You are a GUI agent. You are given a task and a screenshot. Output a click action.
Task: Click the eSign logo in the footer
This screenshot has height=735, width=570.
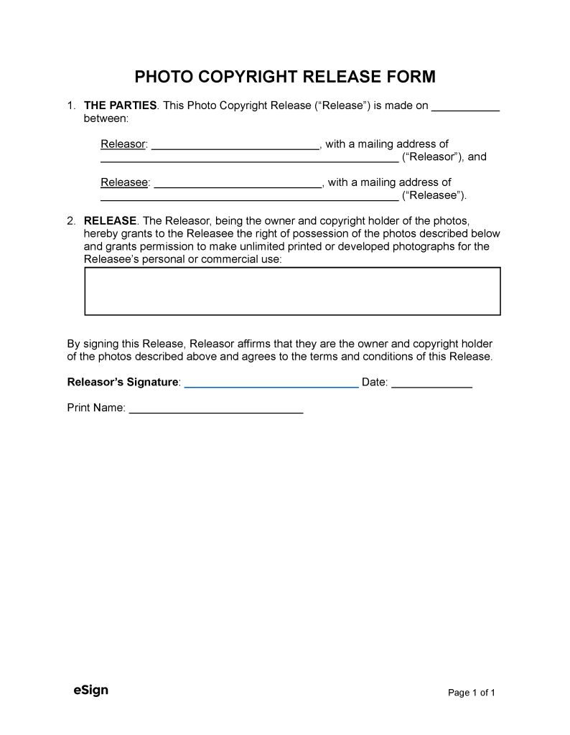(90, 690)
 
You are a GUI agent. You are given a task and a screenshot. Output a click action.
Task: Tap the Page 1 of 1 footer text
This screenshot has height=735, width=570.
(472, 693)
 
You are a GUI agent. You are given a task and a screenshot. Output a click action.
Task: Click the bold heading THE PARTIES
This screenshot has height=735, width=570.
(121, 106)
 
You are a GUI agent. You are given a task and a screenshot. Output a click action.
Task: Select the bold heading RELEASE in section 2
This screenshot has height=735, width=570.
(110, 221)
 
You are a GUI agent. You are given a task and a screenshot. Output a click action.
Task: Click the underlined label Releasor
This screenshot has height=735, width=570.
(123, 144)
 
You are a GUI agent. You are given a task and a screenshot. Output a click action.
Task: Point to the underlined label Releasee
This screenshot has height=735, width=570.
(124, 182)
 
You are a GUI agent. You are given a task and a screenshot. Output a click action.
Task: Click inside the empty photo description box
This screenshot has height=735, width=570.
(292, 291)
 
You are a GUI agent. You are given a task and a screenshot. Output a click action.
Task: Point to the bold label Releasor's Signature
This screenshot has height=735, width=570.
(123, 383)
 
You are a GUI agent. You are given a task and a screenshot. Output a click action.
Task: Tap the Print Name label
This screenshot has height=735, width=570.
(96, 408)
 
